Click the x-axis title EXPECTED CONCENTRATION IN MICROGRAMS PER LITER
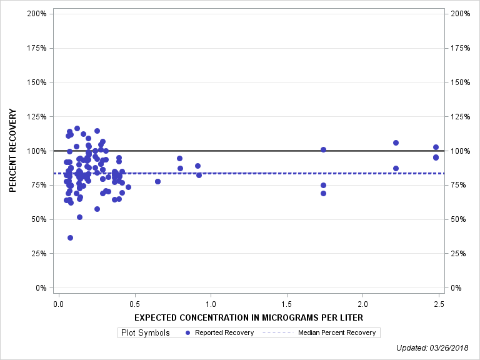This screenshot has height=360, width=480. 249,317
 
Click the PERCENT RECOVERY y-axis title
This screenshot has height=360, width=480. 12,151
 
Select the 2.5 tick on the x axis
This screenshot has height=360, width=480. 439,304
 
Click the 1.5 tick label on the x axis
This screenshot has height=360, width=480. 287,304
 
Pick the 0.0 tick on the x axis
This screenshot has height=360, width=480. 58,304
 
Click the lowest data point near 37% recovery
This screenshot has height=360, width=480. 70,237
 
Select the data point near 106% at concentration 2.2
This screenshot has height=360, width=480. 396,142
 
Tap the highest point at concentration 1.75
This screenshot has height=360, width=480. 323,149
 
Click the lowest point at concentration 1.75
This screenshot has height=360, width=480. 323,193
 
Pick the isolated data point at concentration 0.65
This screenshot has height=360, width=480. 157,181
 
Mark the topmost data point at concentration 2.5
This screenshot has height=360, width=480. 436,147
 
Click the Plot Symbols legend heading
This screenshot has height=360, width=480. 146,332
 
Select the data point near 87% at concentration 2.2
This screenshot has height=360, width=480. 396,168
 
